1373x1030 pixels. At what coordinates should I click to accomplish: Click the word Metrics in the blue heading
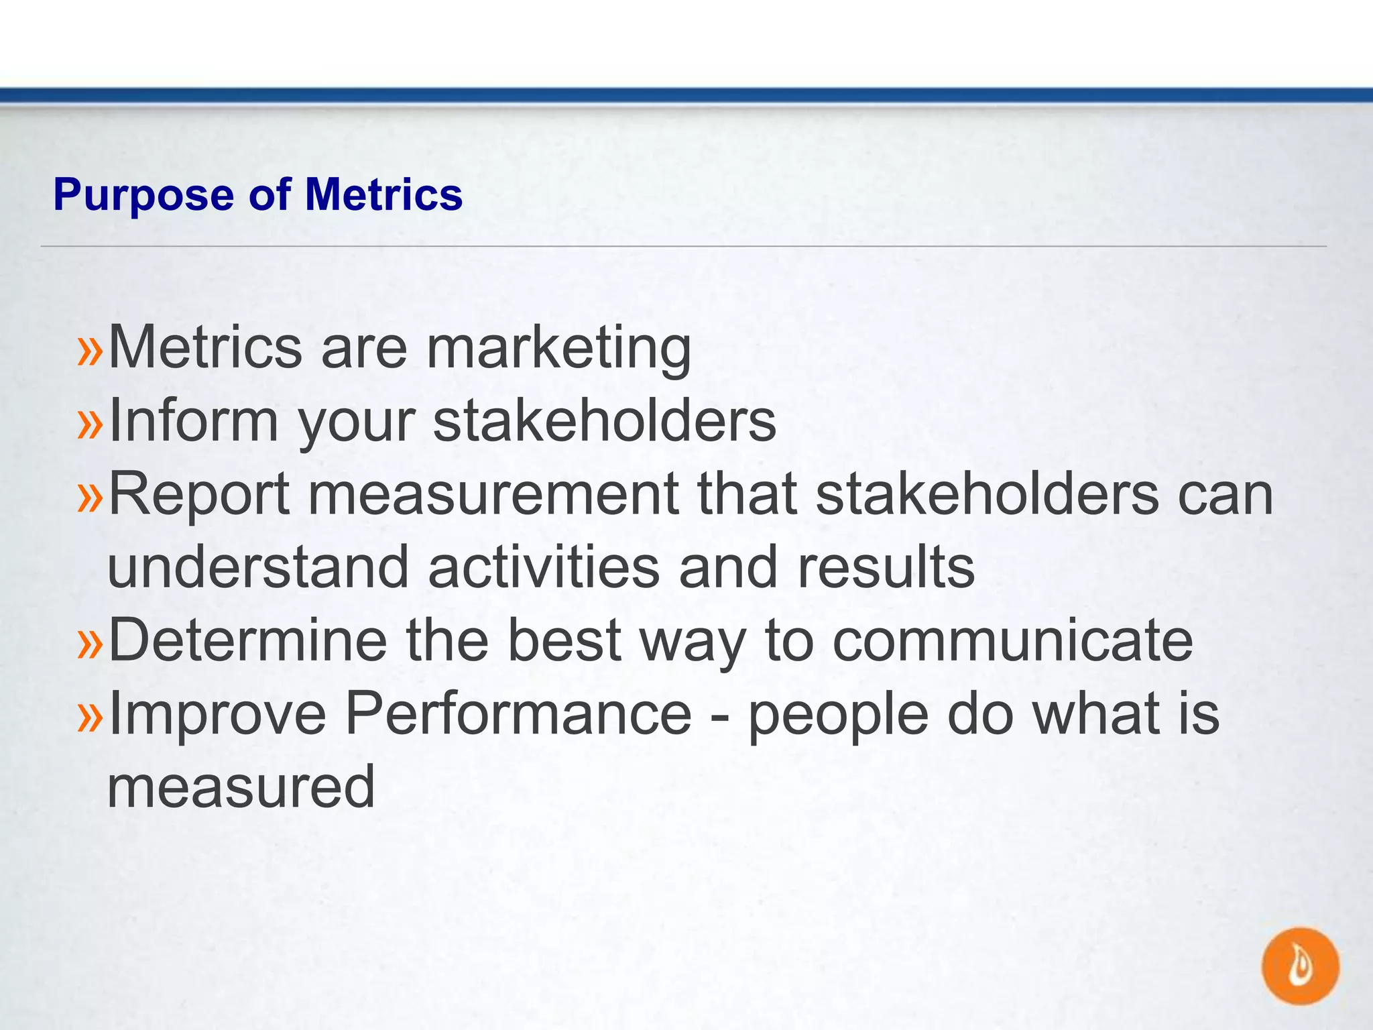click(x=383, y=194)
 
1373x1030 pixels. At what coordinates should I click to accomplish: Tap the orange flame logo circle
click(x=1300, y=966)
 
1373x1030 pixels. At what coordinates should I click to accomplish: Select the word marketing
click(x=558, y=349)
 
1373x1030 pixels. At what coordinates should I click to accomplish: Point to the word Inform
click(x=193, y=421)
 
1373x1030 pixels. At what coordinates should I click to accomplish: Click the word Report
click(x=199, y=495)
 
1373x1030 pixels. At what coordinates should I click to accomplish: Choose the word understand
click(x=258, y=567)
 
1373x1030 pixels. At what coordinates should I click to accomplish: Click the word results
click(x=886, y=567)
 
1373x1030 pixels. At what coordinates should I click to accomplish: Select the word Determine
click(x=247, y=640)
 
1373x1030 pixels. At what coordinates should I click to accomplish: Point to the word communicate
click(x=1012, y=640)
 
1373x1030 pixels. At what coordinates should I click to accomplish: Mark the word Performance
click(x=518, y=713)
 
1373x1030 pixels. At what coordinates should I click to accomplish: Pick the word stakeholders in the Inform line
click(x=605, y=421)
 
